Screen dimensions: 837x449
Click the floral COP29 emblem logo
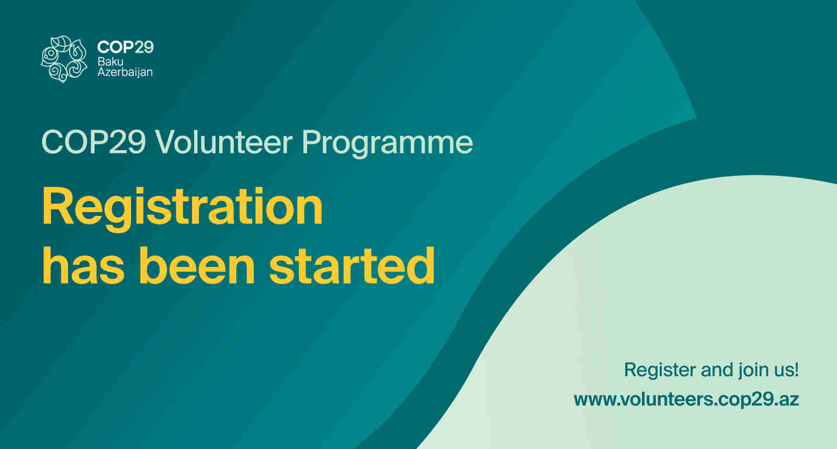(64, 59)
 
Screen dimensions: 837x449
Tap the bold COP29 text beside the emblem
(125, 47)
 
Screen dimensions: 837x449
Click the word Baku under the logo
(110, 61)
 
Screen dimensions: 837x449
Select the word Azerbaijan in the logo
(125, 72)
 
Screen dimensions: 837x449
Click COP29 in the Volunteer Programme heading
(94, 142)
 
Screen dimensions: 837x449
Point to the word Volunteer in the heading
(224, 142)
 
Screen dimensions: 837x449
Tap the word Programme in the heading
(387, 143)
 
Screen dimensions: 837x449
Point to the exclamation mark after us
(797, 369)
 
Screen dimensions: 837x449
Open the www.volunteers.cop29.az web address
(686, 399)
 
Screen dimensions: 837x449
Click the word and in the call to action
(717, 370)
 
